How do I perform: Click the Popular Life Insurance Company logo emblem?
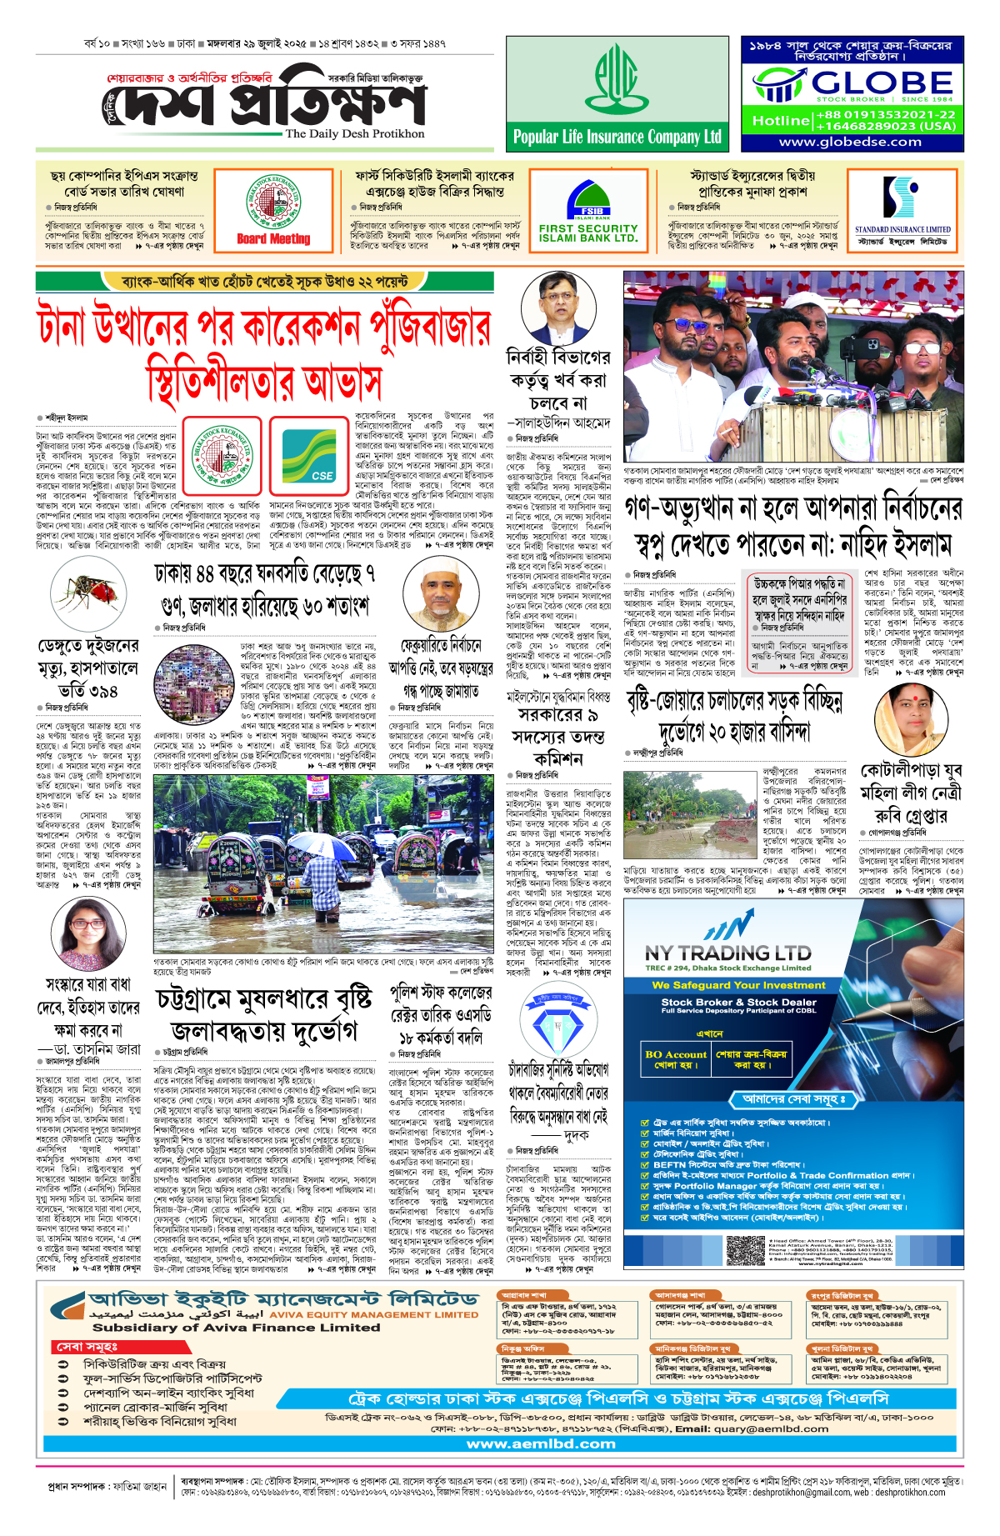[617, 79]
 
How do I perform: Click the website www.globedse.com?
[850, 142]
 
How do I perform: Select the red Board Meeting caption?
[273, 239]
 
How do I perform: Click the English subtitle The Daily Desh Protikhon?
[354, 133]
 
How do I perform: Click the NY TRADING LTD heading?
[727, 953]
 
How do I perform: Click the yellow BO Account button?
[675, 1059]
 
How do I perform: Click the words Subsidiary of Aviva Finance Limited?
[236, 1328]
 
